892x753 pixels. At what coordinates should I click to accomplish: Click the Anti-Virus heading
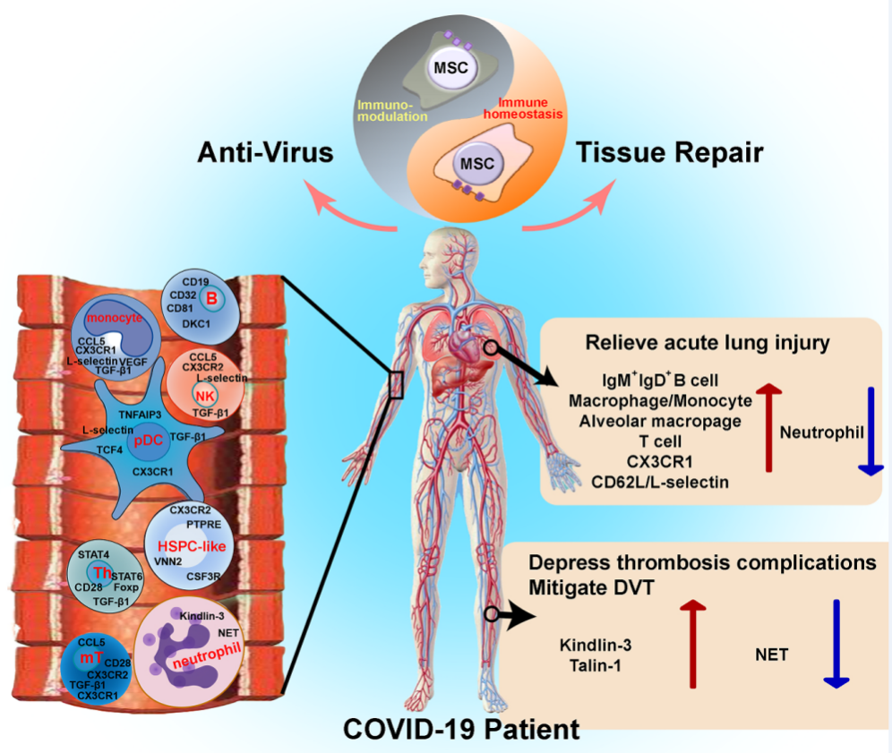266,153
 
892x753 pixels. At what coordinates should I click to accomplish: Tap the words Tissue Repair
671,153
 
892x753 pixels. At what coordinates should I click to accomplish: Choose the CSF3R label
204,578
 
